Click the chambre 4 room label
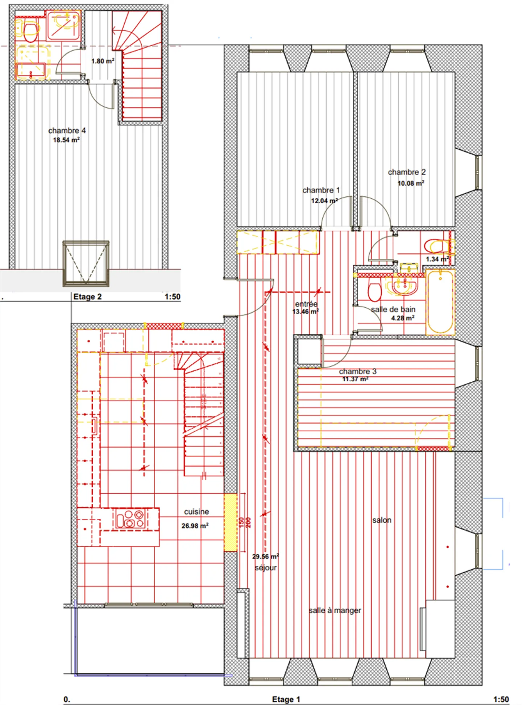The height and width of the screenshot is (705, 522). [67, 130]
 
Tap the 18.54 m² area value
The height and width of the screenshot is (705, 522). [66, 140]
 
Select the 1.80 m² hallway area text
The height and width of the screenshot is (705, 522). [103, 61]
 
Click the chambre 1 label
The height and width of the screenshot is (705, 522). [321, 190]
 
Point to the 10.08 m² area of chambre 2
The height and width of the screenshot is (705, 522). [410, 183]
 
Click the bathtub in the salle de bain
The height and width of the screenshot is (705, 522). [440, 301]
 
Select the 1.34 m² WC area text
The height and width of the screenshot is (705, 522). [437, 259]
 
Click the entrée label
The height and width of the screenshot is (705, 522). [306, 304]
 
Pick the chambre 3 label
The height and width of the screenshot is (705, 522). [357, 372]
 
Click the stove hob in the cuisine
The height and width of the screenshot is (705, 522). [130, 519]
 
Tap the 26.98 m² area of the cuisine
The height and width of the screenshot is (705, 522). [195, 526]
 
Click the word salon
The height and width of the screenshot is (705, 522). [382, 520]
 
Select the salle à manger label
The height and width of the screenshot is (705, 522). [335, 610]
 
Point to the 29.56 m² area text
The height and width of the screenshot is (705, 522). [265, 556]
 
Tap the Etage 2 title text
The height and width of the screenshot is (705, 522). [87, 297]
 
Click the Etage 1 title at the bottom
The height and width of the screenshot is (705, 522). [286, 699]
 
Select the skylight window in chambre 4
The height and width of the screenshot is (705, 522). [86, 263]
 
